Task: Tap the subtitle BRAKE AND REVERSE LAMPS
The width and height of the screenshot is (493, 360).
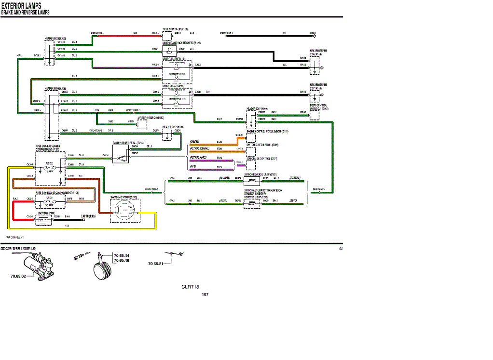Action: pos(25,12)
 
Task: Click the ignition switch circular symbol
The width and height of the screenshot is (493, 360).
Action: pos(124,210)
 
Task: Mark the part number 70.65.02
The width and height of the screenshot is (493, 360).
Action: pos(18,276)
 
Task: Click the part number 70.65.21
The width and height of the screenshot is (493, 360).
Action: pos(156,264)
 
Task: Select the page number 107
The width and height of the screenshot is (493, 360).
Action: pos(205,294)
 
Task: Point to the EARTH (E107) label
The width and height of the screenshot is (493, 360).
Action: pos(88,216)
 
